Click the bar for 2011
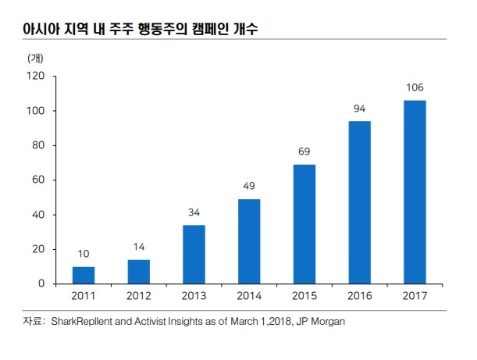point(84,275)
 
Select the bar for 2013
point(194,255)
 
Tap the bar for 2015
point(304,224)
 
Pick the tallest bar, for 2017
point(415,192)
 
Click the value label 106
point(415,87)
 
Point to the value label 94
point(359,109)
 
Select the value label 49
point(249,186)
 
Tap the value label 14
point(139,247)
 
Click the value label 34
point(194,212)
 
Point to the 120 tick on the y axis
point(36,76)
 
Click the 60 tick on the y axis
point(38,180)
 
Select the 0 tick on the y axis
point(41,283)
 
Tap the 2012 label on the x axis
point(139,296)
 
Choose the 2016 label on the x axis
point(360,296)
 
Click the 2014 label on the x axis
point(249,296)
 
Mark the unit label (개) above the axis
point(35,58)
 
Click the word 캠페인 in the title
point(210,29)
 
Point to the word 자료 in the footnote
point(32,321)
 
